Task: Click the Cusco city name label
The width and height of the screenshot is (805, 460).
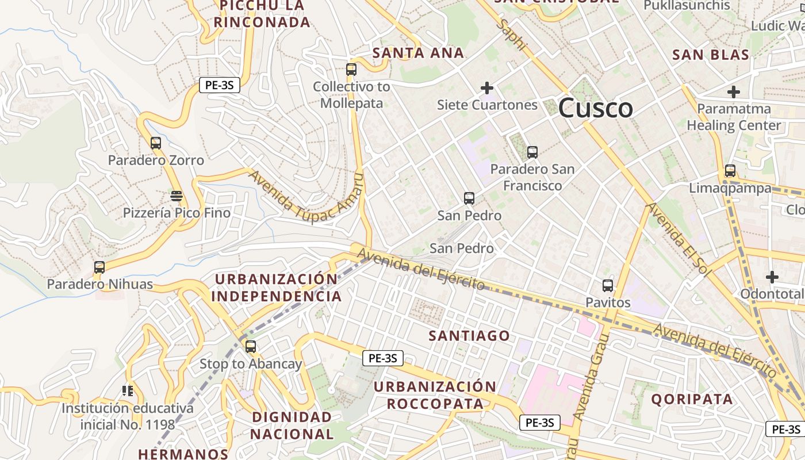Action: coord(595,108)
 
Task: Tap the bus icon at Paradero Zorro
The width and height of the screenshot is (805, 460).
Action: coord(155,143)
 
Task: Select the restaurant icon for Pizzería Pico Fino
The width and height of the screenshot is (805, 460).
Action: coord(177,196)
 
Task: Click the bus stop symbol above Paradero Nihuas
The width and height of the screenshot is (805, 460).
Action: coord(99,267)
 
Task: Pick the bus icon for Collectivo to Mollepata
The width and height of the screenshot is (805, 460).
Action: coord(351,70)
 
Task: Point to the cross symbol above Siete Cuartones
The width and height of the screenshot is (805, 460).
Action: coord(487,88)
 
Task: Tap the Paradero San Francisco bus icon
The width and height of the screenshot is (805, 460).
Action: coord(532,152)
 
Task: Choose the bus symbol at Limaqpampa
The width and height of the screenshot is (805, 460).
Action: coord(730,171)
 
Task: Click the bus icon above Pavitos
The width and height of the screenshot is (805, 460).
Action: coord(608,285)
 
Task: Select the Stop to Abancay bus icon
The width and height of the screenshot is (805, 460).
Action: coord(250,347)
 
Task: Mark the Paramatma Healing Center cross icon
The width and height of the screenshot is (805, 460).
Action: coord(734,91)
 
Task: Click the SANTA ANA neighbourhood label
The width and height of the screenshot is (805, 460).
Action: coord(418,53)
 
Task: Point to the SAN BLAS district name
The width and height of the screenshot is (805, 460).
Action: coord(711,55)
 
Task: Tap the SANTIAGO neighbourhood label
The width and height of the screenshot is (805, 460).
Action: coord(470,336)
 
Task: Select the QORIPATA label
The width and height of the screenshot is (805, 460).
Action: coord(692,399)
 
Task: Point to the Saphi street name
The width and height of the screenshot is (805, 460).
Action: coord(512,34)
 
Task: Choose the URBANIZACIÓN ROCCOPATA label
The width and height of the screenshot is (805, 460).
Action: coord(435,394)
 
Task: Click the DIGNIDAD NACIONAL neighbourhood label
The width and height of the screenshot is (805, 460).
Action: coord(292,425)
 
